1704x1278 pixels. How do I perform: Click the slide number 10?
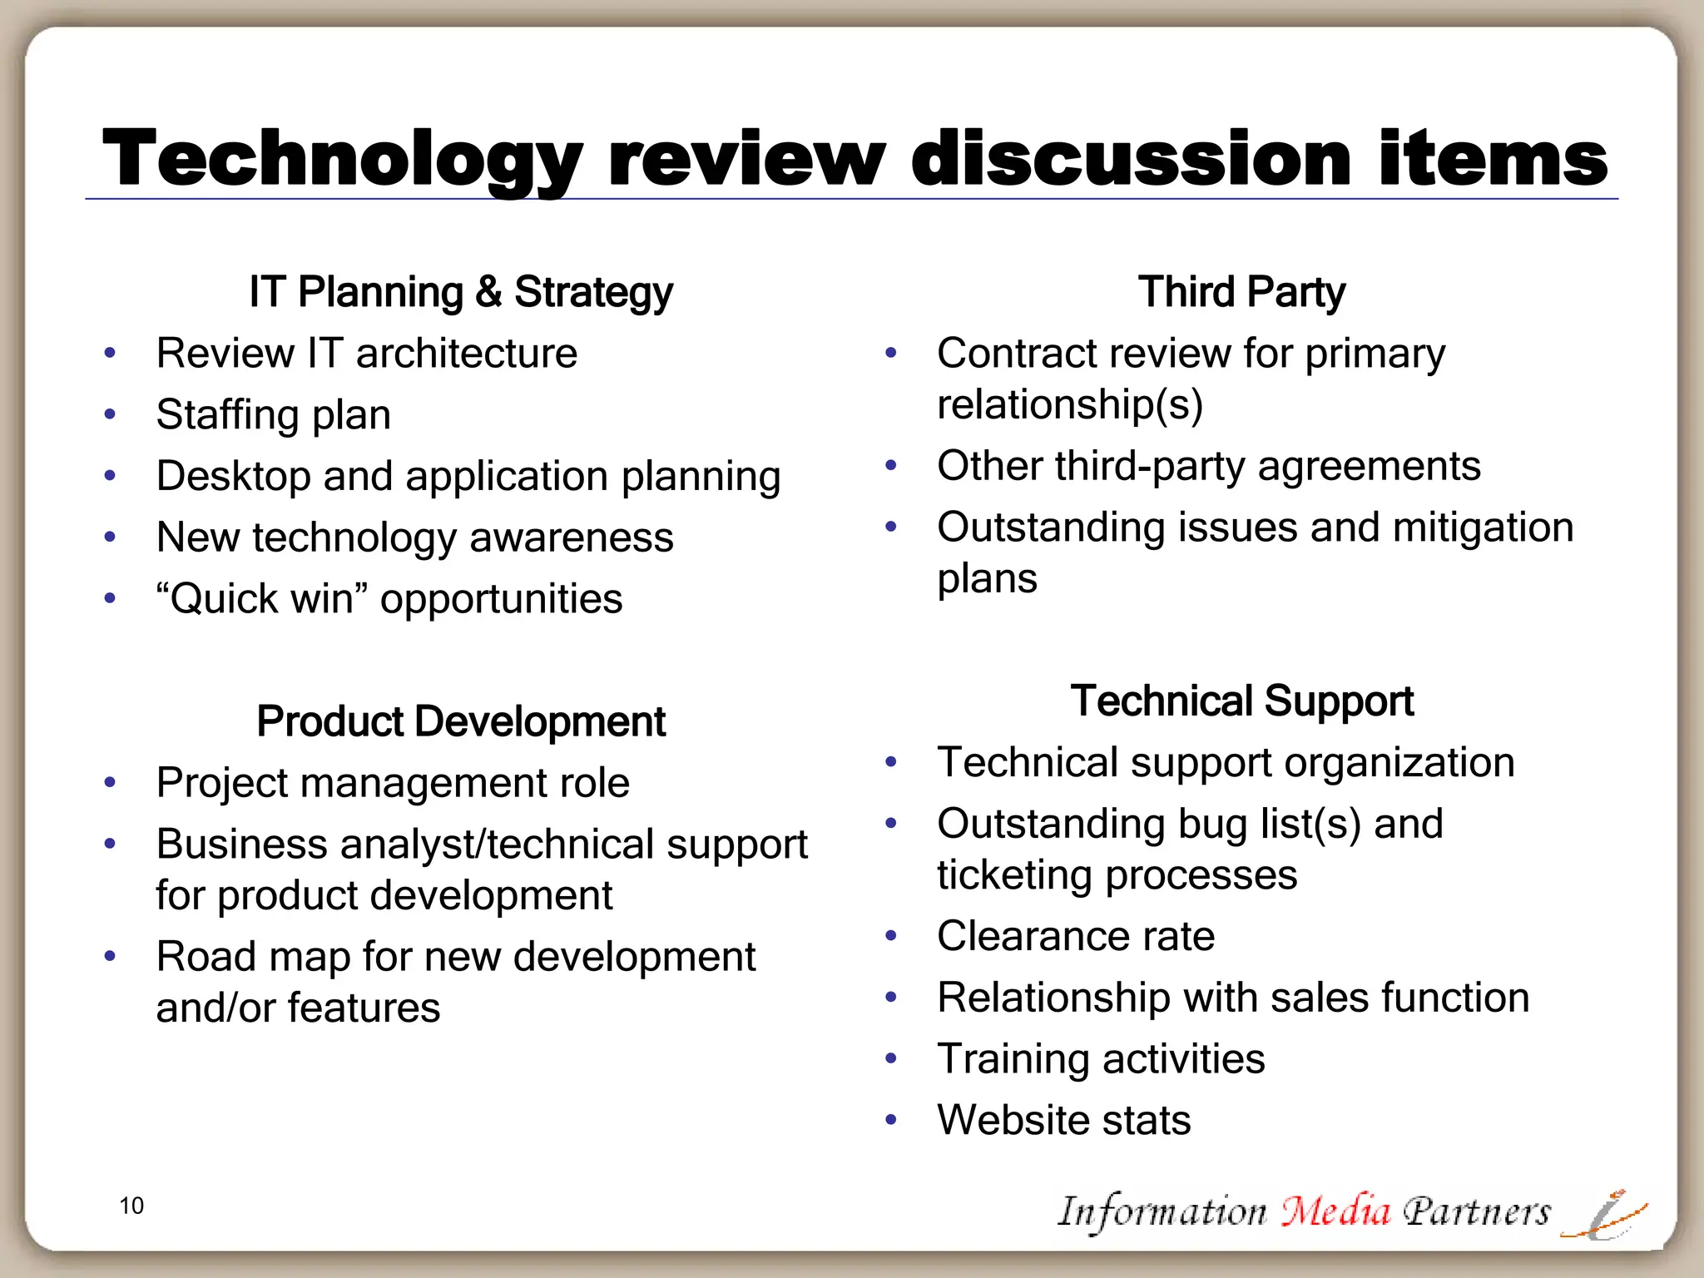pos(131,1206)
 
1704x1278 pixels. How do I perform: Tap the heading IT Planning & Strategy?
pos(461,292)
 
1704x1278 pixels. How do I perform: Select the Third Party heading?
pos(1241,292)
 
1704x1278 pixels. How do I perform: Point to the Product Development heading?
pos(461,721)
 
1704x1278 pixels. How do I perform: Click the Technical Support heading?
pos(1241,701)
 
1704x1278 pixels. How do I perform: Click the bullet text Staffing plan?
pos(273,414)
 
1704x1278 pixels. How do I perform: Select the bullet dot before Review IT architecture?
pos(110,353)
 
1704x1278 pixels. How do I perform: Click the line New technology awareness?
pos(414,537)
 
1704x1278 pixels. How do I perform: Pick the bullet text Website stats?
pos(1063,1120)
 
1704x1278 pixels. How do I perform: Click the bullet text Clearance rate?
pos(1075,936)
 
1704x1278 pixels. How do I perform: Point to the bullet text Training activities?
pos(1100,1058)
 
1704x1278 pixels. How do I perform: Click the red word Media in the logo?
pos(1335,1211)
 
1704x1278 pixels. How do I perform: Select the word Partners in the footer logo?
pos(1476,1211)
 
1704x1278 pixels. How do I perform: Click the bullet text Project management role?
pos(393,782)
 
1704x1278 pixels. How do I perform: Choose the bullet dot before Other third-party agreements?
pos(891,465)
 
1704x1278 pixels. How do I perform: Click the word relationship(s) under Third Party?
pos(1070,404)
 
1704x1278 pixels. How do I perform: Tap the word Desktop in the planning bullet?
pos(233,476)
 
